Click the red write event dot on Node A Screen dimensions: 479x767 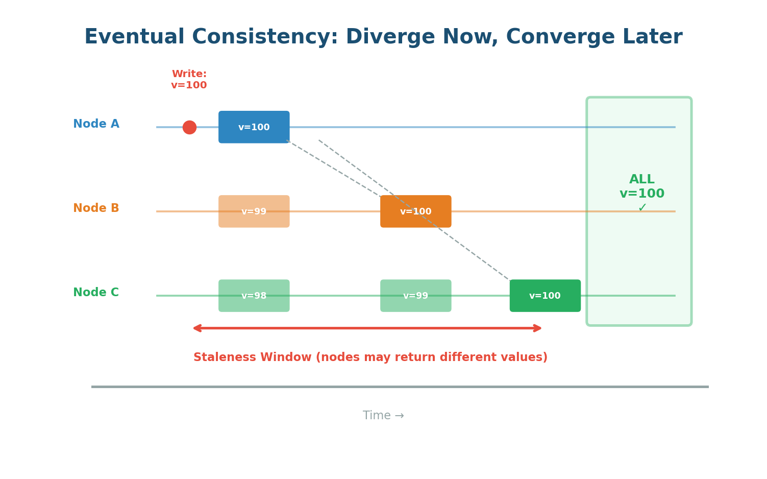click(189, 127)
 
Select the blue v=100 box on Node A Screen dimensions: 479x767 click(254, 127)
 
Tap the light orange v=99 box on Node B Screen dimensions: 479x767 click(254, 211)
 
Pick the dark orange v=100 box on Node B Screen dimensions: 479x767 click(415, 211)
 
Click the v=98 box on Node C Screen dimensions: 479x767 click(254, 296)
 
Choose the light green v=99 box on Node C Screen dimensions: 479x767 click(415, 296)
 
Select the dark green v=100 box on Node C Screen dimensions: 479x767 click(545, 296)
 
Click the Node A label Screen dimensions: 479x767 click(96, 124)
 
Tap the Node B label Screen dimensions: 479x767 click(96, 208)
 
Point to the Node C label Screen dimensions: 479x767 click(96, 293)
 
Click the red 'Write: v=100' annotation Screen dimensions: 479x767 click(189, 80)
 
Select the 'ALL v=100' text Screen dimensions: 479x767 click(641, 187)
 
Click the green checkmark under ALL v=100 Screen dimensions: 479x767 click(642, 208)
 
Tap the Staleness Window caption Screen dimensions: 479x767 click(370, 357)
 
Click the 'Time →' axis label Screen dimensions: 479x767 click(383, 416)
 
